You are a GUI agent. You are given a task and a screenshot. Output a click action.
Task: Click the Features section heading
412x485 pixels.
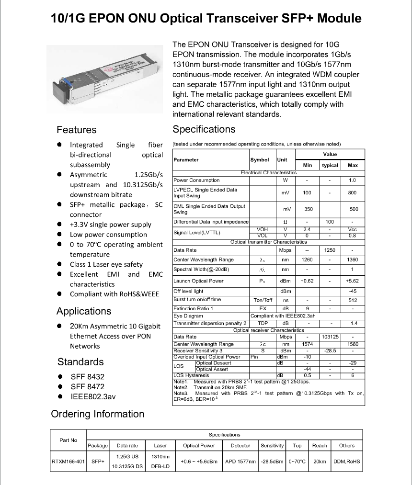click(x=76, y=130)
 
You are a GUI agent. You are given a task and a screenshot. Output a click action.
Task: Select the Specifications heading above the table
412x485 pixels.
click(x=204, y=129)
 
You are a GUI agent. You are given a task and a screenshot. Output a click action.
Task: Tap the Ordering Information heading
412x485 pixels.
click(x=97, y=414)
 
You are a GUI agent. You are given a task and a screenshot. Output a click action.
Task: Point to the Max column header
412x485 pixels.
click(x=353, y=165)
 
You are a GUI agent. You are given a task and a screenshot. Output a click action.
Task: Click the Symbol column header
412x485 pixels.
click(x=260, y=160)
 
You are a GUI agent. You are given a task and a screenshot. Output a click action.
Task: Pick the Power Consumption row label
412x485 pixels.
click(x=197, y=180)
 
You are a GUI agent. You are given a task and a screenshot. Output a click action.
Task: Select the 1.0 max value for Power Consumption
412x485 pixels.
click(x=353, y=180)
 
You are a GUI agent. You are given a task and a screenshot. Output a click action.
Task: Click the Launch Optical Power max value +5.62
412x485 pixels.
click(x=353, y=281)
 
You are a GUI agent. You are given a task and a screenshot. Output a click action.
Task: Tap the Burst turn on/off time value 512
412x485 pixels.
click(x=353, y=300)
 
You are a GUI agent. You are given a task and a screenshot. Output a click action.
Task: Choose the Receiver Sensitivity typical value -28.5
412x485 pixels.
click(x=330, y=351)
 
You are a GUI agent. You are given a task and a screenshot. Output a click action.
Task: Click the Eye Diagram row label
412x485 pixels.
click(x=188, y=316)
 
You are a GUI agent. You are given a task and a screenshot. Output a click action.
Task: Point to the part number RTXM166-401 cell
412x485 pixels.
click(x=68, y=462)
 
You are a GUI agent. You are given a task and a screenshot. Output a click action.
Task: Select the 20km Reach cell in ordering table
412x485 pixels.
click(x=320, y=462)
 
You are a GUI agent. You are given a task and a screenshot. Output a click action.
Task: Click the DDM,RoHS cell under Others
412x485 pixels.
click(x=346, y=462)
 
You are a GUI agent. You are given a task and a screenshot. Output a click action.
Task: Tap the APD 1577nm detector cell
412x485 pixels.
click(x=240, y=462)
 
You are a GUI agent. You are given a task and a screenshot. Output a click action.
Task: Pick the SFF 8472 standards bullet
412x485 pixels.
click(x=87, y=387)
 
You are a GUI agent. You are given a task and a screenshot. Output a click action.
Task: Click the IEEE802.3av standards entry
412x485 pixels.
click(x=94, y=397)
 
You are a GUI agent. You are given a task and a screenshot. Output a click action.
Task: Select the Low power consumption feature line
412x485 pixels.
click(x=108, y=235)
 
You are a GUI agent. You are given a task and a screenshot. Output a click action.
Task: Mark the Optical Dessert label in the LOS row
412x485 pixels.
click(x=214, y=363)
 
